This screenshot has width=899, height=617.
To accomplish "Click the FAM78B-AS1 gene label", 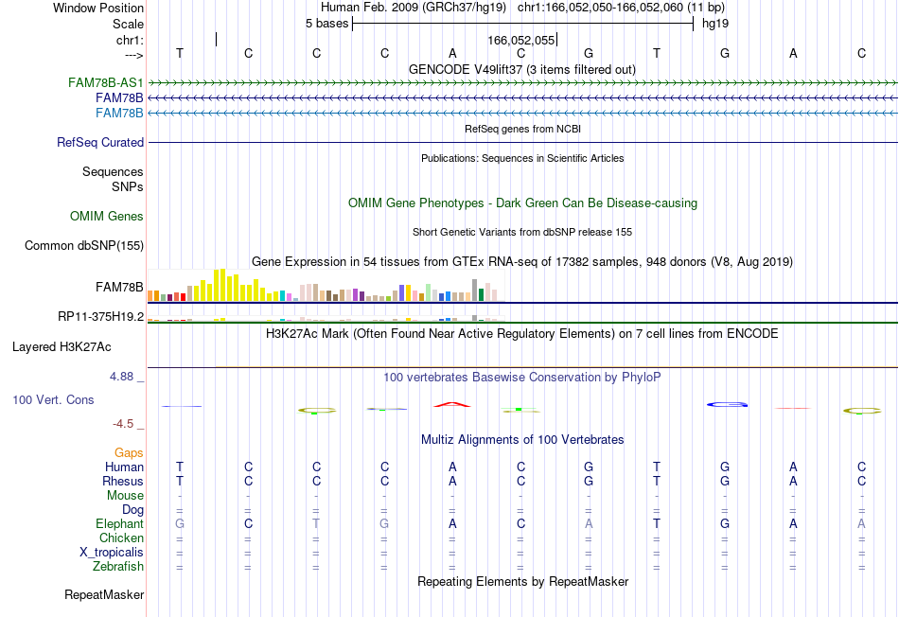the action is [105, 82].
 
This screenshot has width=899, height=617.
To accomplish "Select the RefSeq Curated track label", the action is [100, 142].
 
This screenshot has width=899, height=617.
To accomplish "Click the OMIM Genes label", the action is [107, 216].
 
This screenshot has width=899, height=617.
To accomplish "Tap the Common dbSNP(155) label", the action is [84, 245].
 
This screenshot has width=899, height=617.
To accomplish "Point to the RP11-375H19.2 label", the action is [101, 316].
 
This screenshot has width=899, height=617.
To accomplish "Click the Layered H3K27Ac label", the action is [62, 347].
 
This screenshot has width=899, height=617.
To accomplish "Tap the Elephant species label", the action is [120, 523].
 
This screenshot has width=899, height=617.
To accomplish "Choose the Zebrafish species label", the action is [118, 566].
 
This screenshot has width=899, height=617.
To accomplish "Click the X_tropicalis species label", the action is [112, 553].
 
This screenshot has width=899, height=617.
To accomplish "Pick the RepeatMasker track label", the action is [104, 594].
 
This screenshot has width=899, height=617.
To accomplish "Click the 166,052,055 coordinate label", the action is [521, 40].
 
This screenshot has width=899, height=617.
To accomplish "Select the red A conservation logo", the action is [452, 405].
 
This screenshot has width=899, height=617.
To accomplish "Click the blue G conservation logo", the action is [727, 404].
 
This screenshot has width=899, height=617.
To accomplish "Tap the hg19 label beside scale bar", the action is [715, 24].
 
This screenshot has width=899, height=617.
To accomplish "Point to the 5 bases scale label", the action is [326, 24].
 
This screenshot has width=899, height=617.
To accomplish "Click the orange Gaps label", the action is [129, 453].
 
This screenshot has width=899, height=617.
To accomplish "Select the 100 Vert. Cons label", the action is [53, 399].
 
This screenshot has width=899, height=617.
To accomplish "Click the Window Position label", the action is [98, 8].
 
